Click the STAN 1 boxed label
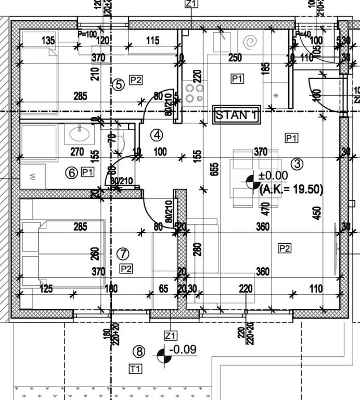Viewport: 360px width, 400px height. pos(236,115)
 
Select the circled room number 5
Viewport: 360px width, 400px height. pos(119,84)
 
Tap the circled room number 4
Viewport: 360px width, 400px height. pos(157,135)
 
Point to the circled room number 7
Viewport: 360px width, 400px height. pos(123,254)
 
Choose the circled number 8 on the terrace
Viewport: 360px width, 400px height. pos(138,352)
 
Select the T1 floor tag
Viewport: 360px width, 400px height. pos(135,369)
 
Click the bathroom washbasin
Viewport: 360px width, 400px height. pos(79,135)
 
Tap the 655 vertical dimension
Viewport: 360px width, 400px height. pos(215,172)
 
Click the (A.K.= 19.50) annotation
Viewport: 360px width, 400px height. pos(291,189)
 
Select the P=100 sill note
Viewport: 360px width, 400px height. pos(87,34)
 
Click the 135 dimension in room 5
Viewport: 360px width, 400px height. pos(48,41)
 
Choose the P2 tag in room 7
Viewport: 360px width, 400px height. pos(126,268)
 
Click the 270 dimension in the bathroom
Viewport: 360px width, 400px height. pos(77,152)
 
